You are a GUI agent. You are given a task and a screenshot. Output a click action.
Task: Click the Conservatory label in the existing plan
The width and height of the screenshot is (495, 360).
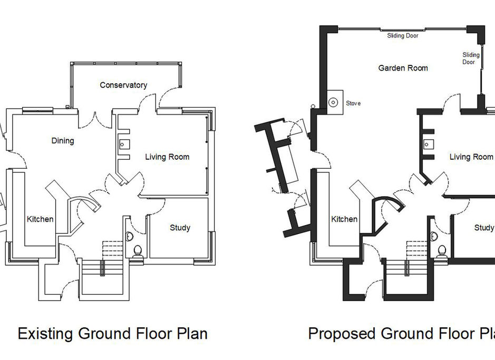point(123,85)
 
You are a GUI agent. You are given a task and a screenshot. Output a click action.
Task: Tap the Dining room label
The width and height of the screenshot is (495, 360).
point(63,141)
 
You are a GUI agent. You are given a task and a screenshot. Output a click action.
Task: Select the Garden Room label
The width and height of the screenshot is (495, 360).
point(403,68)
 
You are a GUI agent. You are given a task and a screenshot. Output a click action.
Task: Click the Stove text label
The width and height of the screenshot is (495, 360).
point(353,103)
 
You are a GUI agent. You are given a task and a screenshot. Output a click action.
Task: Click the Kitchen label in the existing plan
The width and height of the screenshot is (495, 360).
point(40,219)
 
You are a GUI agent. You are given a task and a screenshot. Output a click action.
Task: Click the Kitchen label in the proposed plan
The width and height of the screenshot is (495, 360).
point(344,219)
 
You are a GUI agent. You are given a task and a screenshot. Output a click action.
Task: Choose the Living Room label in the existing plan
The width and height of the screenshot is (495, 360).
point(167,157)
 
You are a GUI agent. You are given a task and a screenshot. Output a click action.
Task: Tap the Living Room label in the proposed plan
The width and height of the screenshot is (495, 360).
point(471,157)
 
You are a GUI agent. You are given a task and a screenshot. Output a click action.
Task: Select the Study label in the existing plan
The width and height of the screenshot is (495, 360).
point(180,228)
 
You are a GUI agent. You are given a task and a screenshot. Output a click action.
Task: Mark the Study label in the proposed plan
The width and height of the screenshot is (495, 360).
point(484,228)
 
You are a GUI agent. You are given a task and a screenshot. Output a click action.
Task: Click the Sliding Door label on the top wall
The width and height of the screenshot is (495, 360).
point(403,36)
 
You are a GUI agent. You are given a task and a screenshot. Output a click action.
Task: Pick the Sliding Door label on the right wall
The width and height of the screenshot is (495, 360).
point(471,58)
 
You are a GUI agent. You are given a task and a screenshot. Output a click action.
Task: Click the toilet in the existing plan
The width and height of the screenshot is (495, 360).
point(139,251)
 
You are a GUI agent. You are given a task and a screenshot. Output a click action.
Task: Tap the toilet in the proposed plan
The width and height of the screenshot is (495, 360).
point(442,251)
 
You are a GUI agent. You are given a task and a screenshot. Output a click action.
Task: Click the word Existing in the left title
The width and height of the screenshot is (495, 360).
point(46,334)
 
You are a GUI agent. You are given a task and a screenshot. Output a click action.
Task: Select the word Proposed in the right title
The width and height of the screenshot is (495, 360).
point(342,334)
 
